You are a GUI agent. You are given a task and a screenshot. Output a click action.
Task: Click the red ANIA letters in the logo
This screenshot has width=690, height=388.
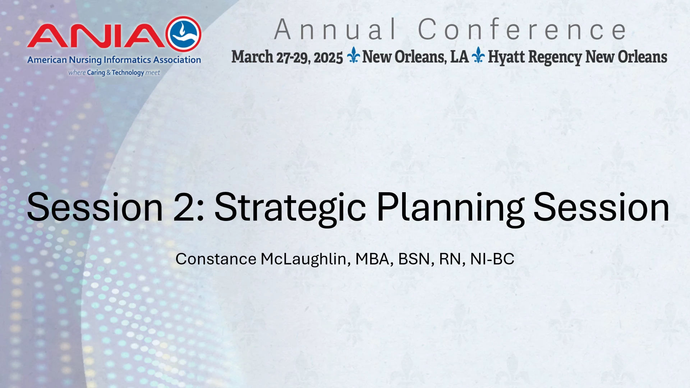click(96, 36)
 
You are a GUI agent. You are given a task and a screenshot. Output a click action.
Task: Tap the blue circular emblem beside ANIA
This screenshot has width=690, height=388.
click(184, 34)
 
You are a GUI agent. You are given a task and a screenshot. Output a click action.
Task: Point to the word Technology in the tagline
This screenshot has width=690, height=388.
click(128, 73)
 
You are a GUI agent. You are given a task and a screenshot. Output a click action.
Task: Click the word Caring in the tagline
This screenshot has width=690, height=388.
click(96, 73)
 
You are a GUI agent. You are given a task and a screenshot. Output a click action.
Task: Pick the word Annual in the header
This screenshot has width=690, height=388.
click(335, 29)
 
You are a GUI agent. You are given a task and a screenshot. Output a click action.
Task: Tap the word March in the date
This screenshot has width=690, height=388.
click(252, 57)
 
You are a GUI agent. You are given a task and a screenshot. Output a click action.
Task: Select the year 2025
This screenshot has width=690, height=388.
click(328, 57)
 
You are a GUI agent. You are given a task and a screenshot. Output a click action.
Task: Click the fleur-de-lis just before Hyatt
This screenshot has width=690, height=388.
click(478, 55)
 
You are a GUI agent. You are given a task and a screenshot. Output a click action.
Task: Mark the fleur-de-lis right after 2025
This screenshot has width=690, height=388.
click(354, 55)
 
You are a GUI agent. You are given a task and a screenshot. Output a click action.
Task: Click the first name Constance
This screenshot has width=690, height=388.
click(216, 259)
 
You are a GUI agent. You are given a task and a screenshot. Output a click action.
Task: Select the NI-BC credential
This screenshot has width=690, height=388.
click(492, 259)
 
